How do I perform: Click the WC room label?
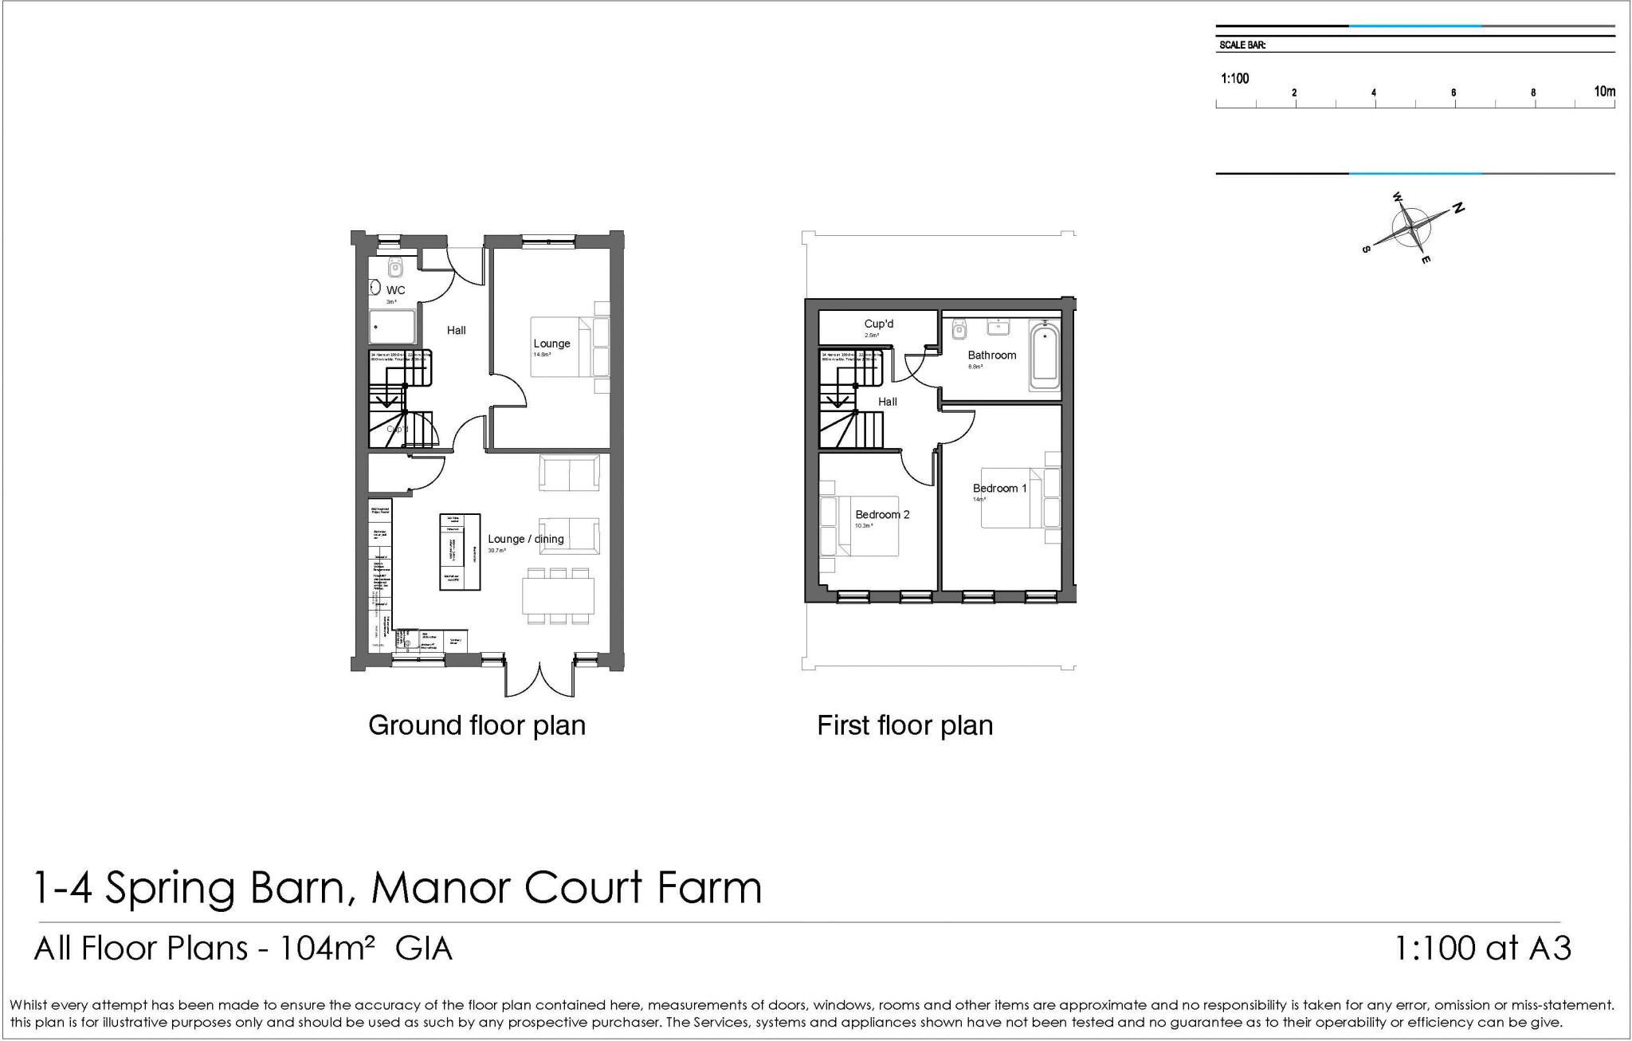coord(395,290)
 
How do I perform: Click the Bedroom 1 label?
coord(999,488)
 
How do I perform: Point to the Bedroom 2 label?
coord(882,514)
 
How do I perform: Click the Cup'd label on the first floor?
coord(878,324)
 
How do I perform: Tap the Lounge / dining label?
coord(525,539)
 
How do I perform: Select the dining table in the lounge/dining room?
coord(558,595)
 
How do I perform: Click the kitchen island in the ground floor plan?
coord(460,552)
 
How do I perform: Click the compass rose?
coord(1411,227)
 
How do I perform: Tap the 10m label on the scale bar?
coord(1603,92)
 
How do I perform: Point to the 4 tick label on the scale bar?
coord(1373,93)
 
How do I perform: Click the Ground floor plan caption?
coord(477,725)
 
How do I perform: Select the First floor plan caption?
coord(904,725)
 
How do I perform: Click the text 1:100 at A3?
coord(1482,948)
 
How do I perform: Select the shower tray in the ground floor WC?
coord(392,327)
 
